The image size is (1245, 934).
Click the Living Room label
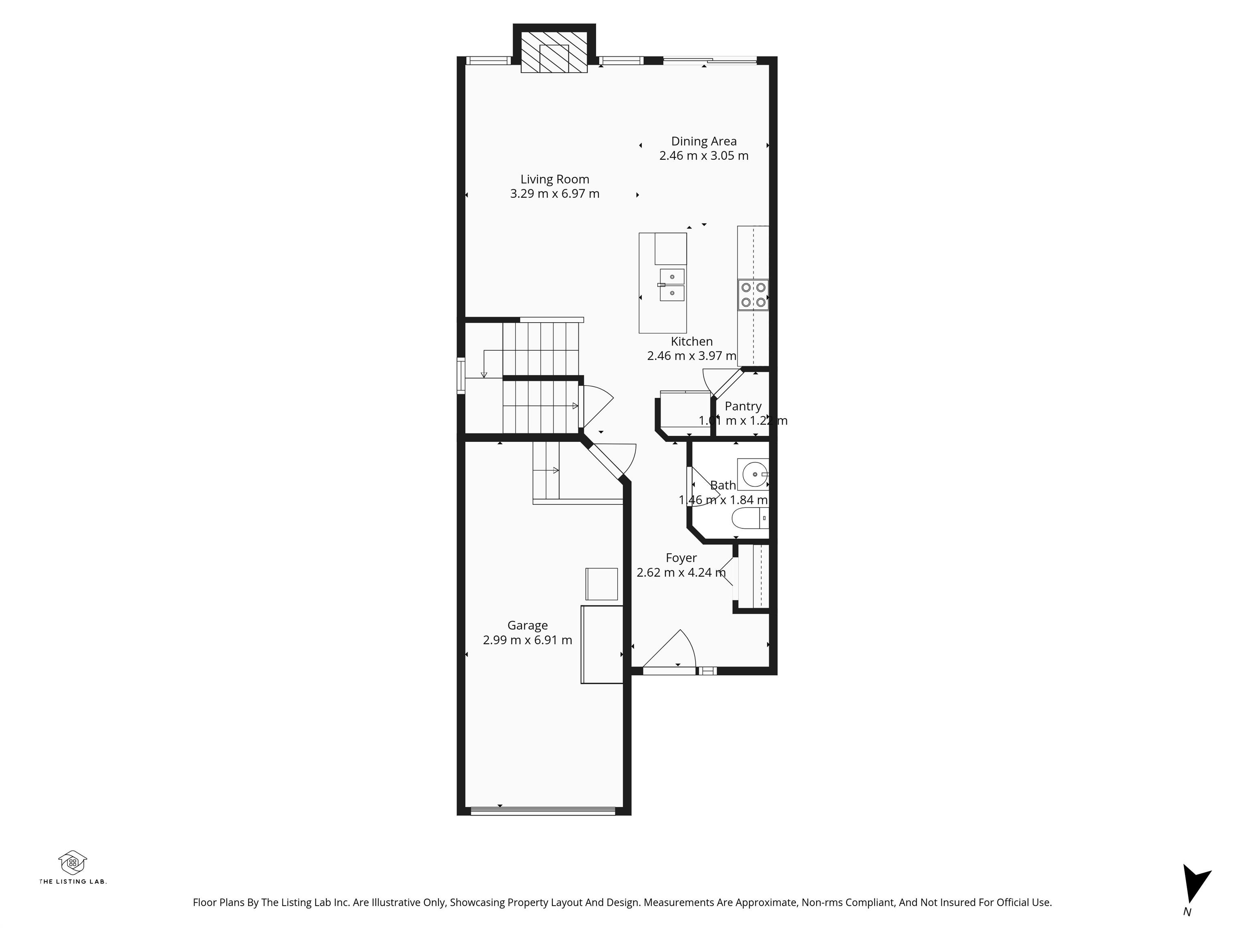point(554,179)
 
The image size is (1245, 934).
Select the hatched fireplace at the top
point(554,52)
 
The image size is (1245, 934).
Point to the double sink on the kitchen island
point(672,285)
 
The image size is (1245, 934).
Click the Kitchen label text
point(691,341)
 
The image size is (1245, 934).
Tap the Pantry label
point(743,406)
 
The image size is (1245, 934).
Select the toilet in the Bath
point(749,518)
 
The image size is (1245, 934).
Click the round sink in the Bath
point(754,474)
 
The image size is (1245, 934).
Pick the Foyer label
point(681,558)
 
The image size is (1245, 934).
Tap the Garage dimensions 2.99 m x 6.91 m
point(527,640)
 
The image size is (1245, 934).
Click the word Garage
point(527,626)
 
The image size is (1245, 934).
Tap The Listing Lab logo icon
point(73,863)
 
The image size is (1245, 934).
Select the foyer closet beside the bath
point(753,576)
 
